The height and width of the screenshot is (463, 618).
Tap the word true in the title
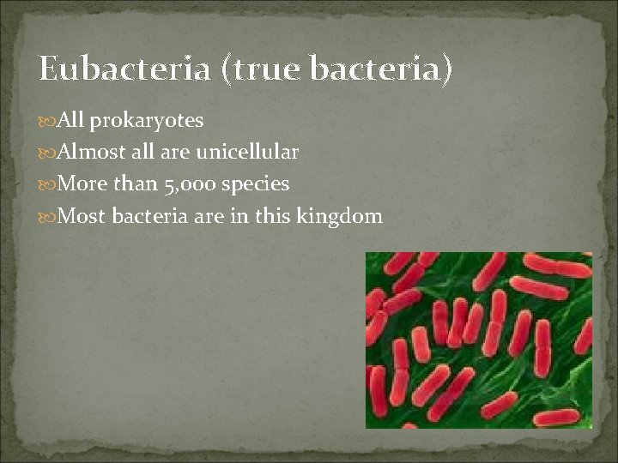coord(263,69)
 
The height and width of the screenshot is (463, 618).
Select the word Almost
coord(88,153)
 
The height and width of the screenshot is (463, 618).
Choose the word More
coord(82,184)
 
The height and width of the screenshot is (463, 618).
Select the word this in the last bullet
coord(272,216)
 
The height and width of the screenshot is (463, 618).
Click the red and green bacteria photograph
coord(478,340)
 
